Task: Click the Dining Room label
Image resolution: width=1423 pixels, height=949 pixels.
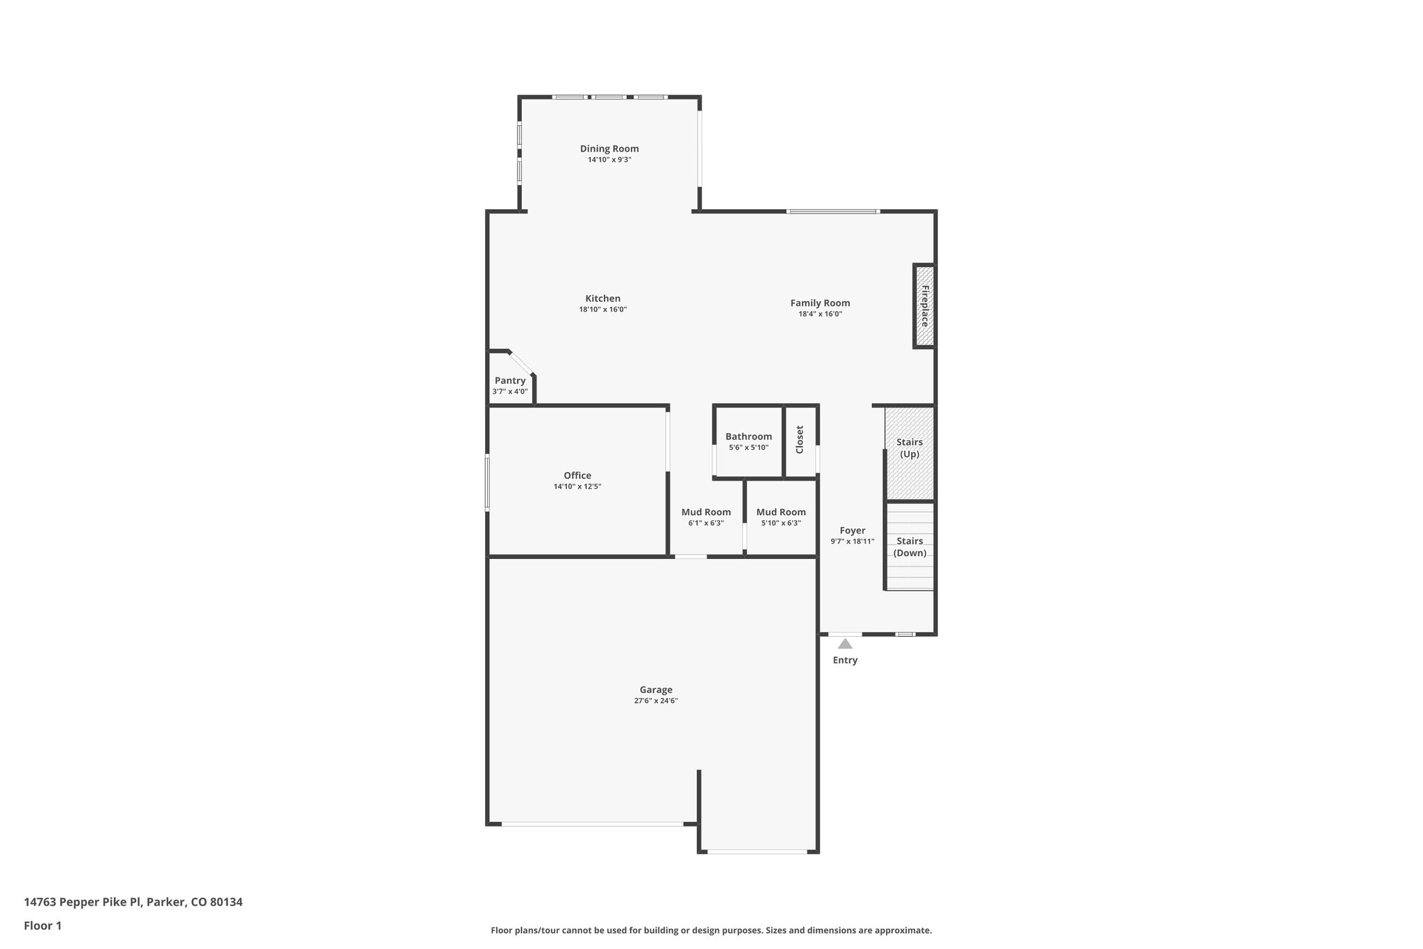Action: [x=609, y=149]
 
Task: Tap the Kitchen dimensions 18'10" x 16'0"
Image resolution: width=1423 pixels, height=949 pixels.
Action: [x=602, y=310]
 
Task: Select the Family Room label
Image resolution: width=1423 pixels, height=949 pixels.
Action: [x=820, y=303]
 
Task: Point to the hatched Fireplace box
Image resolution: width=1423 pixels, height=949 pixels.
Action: [x=924, y=306]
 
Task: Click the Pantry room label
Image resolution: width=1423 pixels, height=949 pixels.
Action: [x=510, y=381]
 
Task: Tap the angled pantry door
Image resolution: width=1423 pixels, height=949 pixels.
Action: [x=520, y=362]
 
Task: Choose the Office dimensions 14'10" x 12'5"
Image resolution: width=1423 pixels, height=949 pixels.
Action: [x=577, y=487]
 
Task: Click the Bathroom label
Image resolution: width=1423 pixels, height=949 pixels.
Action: [x=748, y=437]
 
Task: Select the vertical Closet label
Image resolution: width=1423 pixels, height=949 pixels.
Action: [x=800, y=439]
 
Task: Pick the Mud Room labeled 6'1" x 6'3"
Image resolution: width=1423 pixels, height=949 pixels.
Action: [x=706, y=512]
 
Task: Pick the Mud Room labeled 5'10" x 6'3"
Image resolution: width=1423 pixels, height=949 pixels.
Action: [x=781, y=512]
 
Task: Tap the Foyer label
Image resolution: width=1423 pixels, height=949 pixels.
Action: [x=852, y=530]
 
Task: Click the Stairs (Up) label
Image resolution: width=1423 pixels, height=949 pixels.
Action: [x=910, y=448]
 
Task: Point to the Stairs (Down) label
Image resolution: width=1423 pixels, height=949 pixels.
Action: [x=910, y=546]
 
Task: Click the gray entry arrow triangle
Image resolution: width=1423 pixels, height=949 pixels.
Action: [x=845, y=644]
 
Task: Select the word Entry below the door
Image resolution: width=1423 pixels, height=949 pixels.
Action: [x=845, y=660]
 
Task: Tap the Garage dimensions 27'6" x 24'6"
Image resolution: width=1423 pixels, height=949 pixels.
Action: [x=655, y=701]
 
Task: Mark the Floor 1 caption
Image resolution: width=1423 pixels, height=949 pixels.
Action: [x=42, y=925]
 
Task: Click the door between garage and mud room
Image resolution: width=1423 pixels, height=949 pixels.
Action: [x=691, y=556]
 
